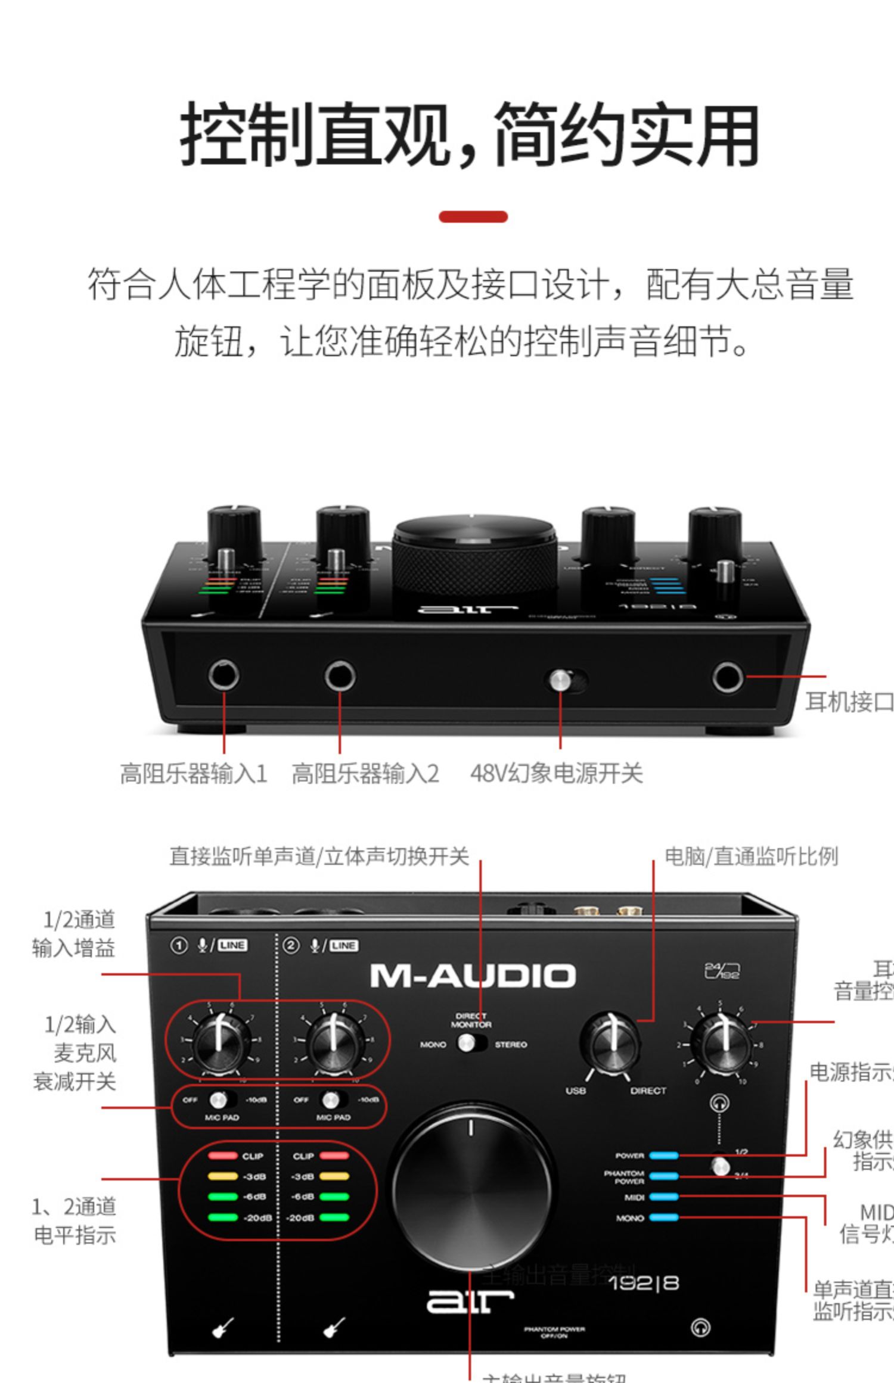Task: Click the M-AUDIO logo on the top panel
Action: click(x=473, y=976)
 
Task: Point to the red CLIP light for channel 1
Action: click(x=222, y=1155)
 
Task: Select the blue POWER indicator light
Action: click(x=663, y=1155)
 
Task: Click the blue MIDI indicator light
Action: click(x=663, y=1197)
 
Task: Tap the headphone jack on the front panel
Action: click(x=728, y=677)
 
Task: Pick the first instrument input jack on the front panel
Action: click(x=224, y=675)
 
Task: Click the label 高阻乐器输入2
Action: click(x=365, y=773)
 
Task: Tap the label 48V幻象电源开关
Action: click(x=556, y=773)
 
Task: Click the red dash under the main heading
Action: click(x=473, y=217)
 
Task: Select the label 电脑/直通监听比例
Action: click(x=751, y=856)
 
